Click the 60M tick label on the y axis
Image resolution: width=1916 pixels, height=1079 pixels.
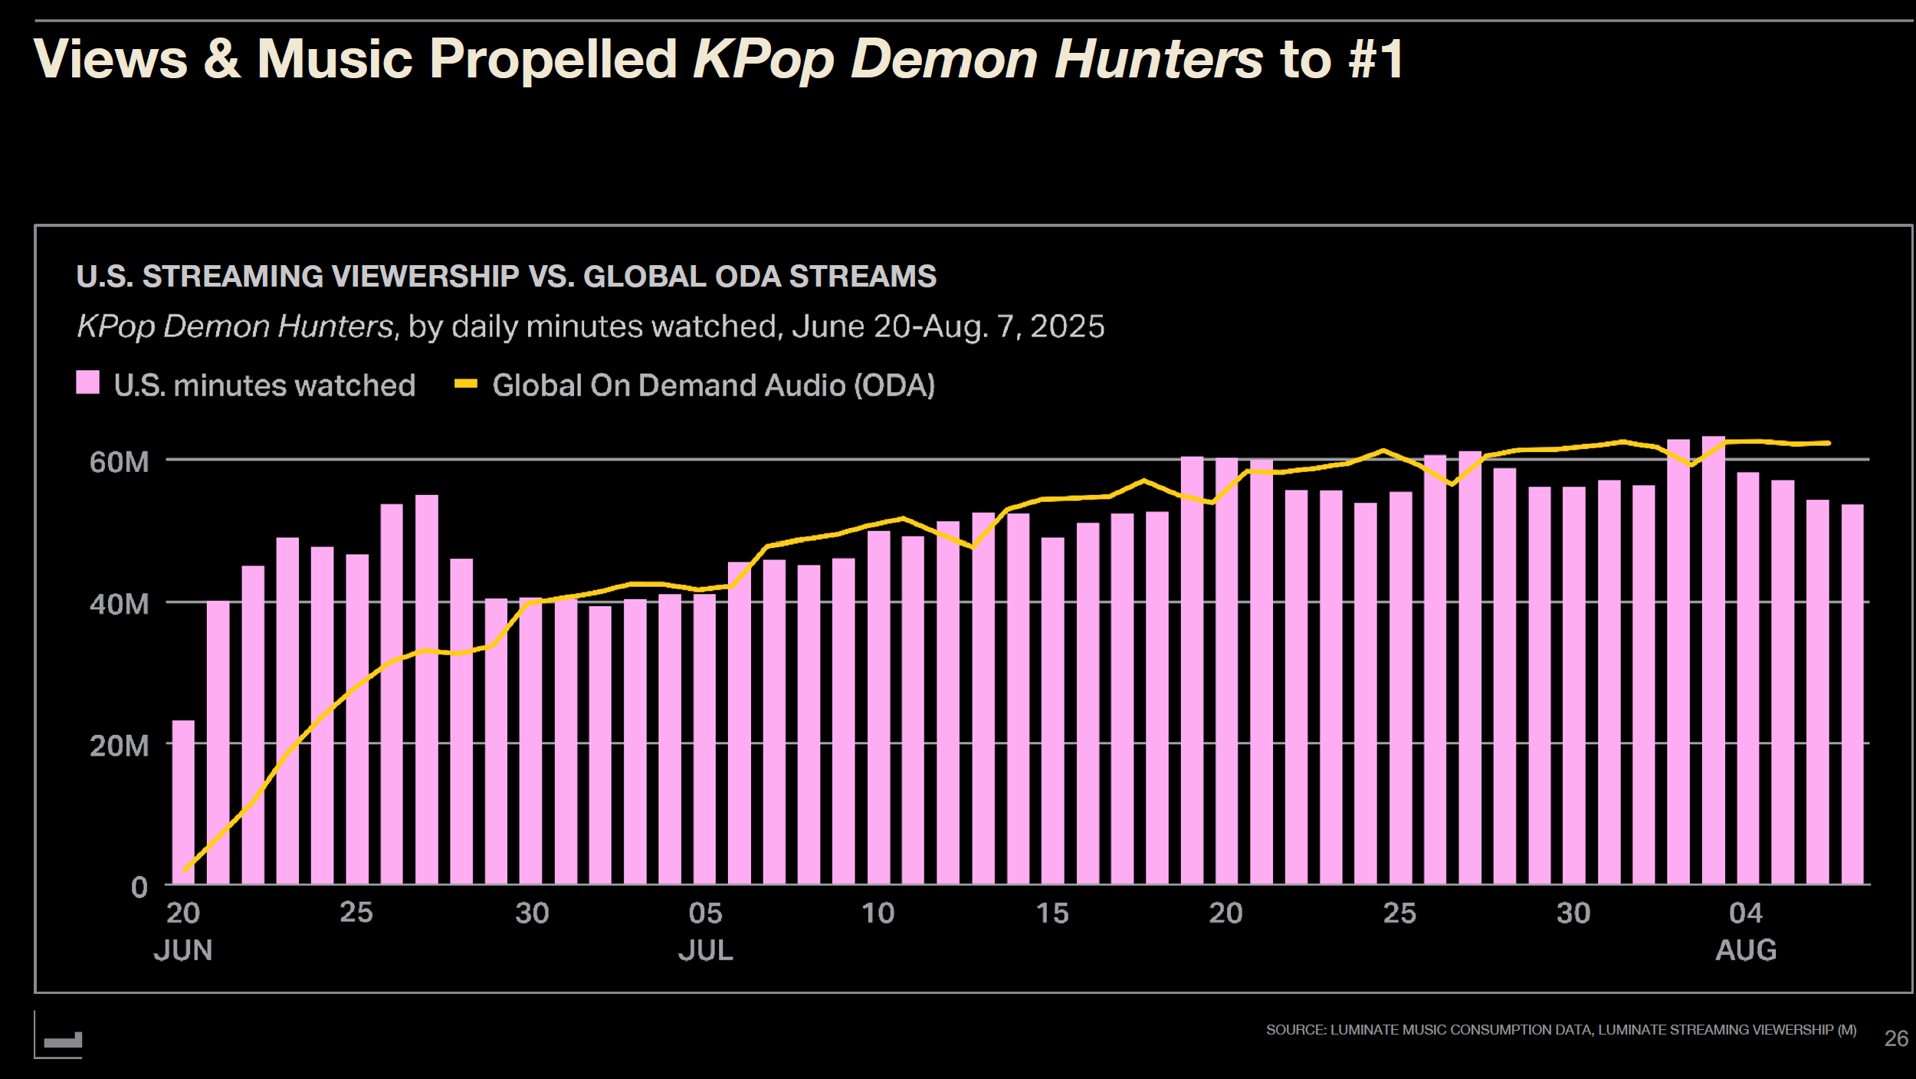[x=120, y=462]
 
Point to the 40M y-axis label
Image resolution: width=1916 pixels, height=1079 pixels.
[x=120, y=604]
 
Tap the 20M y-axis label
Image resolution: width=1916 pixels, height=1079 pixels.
[x=120, y=746]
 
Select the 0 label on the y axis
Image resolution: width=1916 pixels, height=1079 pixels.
[x=139, y=887]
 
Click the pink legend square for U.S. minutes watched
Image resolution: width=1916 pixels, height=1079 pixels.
[x=87, y=382]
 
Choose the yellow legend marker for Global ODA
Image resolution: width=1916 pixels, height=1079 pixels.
[x=465, y=383]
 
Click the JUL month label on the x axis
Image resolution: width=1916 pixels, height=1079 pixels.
[x=705, y=950]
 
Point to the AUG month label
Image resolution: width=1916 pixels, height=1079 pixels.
[x=1745, y=950]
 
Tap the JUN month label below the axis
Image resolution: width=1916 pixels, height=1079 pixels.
[x=182, y=950]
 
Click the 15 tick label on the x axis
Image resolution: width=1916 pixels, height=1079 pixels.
[x=1052, y=913]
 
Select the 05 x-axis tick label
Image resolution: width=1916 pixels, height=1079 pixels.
[x=705, y=913]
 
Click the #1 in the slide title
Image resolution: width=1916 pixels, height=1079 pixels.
[x=1376, y=59]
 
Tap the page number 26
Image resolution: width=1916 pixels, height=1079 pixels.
[x=1896, y=1038]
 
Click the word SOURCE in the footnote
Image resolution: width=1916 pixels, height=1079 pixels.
[x=1295, y=1030]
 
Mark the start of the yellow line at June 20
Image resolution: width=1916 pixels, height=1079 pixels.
[x=185, y=870]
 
